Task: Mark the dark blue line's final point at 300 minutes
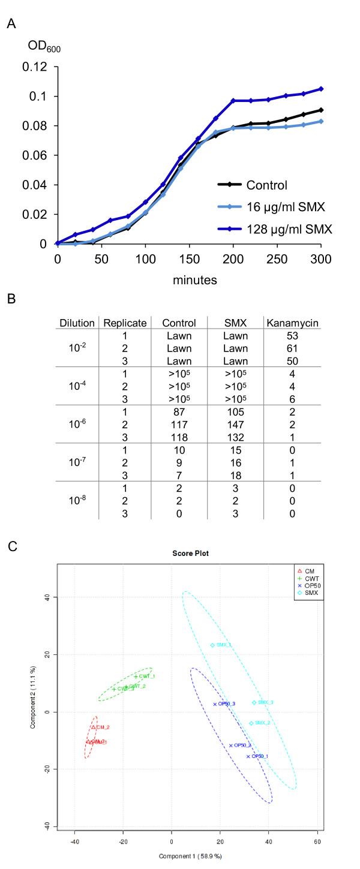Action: pyautogui.click(x=321, y=89)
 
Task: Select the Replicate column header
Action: pyautogui.click(x=125, y=323)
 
